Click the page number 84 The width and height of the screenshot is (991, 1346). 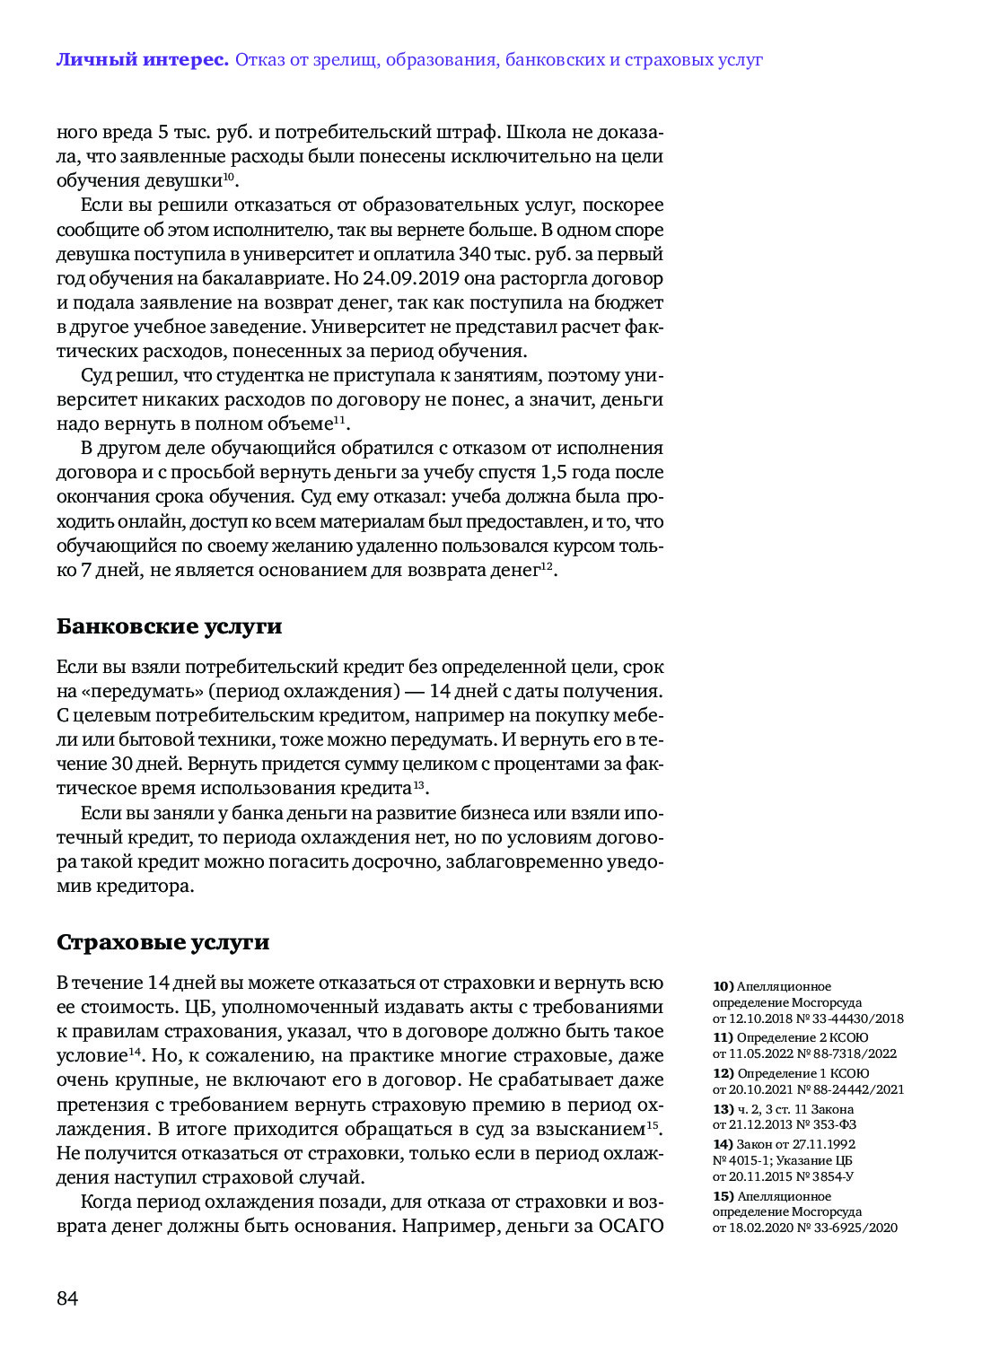tap(67, 1298)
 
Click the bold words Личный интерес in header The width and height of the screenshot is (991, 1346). tap(142, 60)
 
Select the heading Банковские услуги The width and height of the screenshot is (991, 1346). tap(169, 626)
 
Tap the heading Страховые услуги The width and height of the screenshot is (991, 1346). tap(162, 942)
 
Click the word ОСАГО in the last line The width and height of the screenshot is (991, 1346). tap(630, 1226)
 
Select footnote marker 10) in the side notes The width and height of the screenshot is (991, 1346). tap(723, 986)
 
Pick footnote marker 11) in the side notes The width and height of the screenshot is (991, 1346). tap(723, 1037)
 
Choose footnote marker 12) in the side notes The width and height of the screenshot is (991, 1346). tap(723, 1073)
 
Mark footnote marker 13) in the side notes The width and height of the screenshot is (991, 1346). tap(723, 1109)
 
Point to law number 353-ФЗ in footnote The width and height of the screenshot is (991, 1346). tap(835, 1124)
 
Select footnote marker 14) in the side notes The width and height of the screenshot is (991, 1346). tap(723, 1144)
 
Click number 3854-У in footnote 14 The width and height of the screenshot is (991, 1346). tap(832, 1176)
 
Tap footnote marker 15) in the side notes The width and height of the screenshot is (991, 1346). tap(723, 1196)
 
